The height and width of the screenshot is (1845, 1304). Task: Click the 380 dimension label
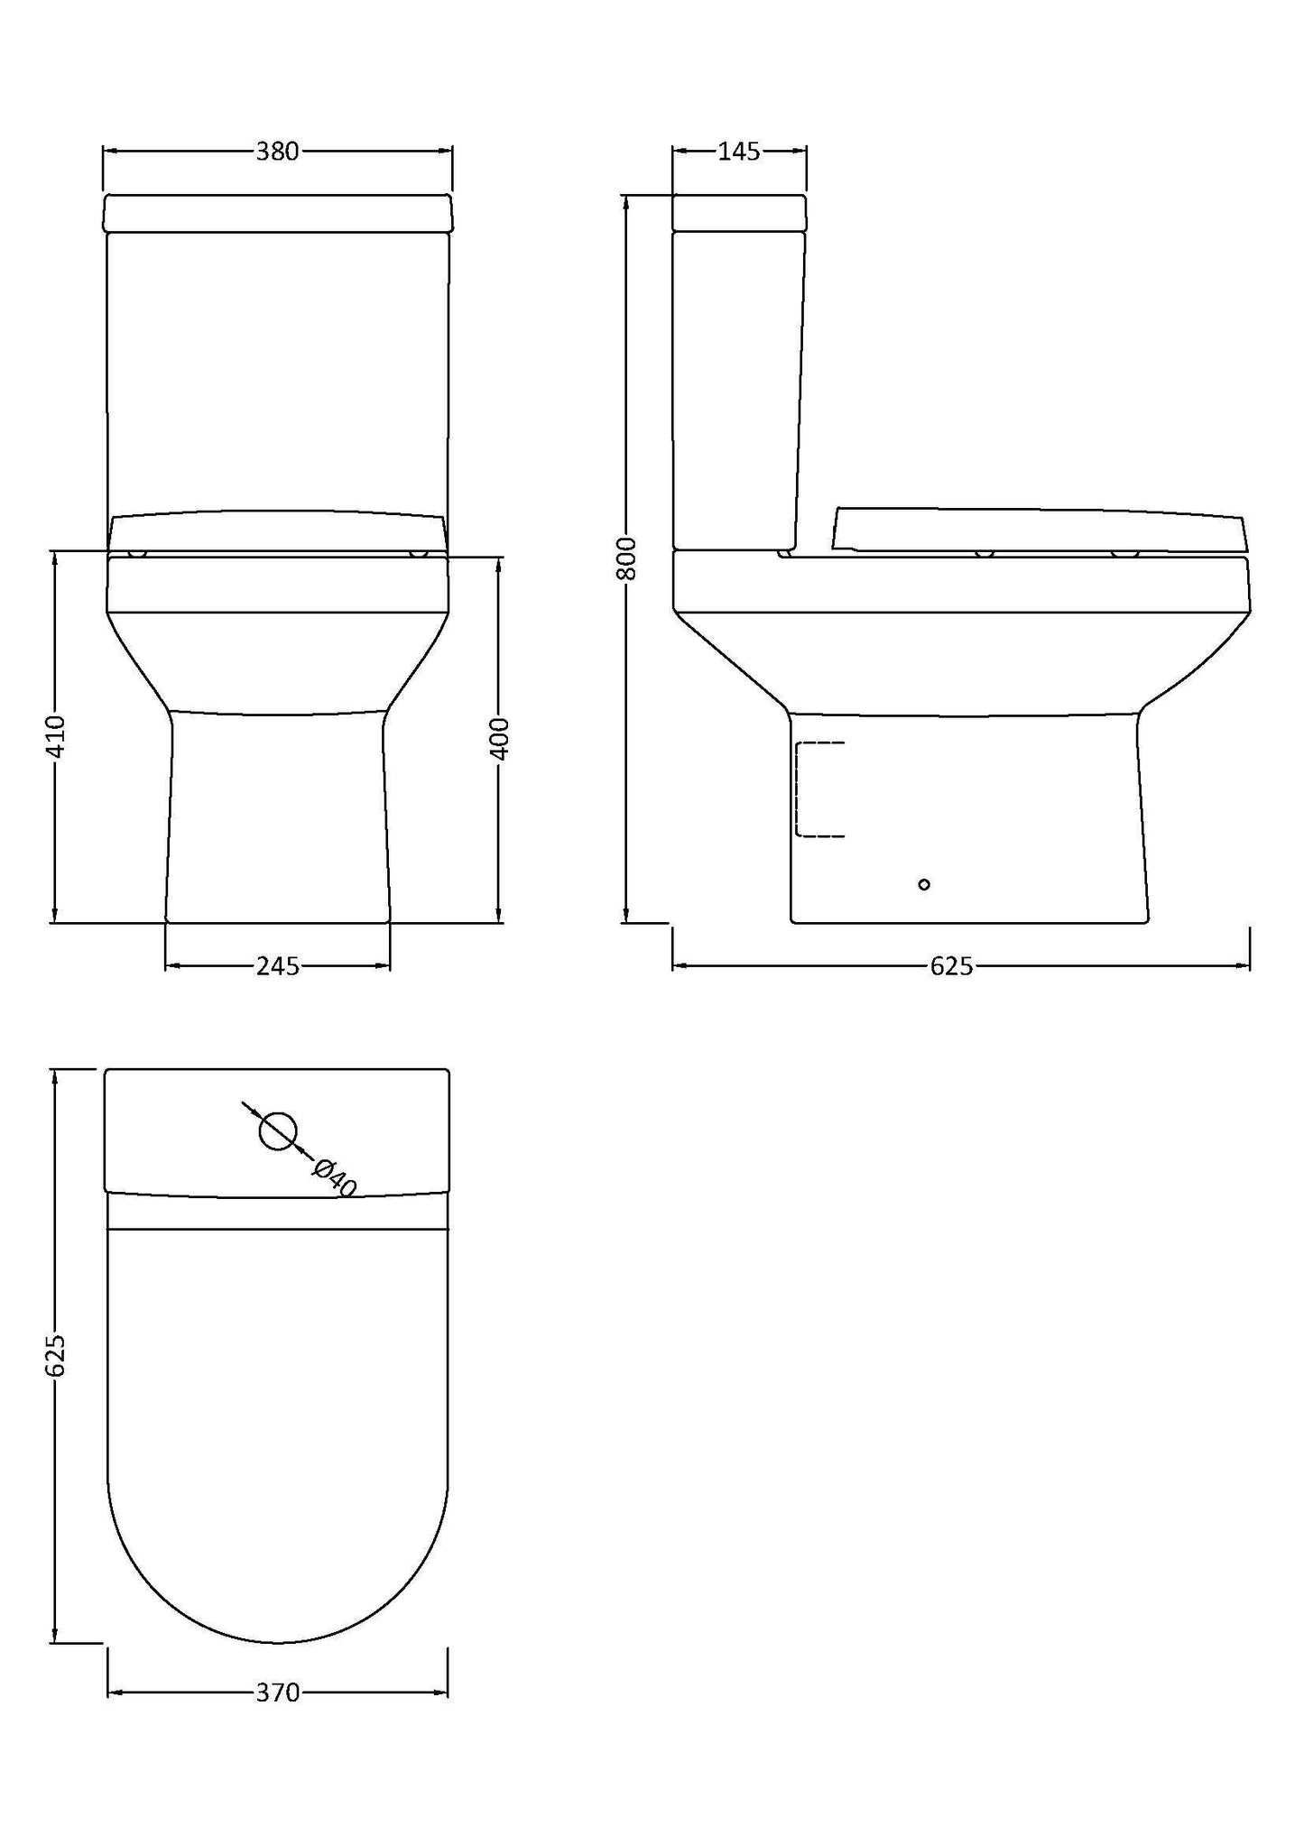(x=277, y=152)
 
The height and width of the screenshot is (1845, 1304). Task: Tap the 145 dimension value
(x=739, y=152)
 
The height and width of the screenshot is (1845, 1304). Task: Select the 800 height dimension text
(x=629, y=558)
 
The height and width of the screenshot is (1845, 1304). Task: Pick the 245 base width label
(x=277, y=966)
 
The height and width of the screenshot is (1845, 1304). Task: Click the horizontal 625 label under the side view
(x=951, y=966)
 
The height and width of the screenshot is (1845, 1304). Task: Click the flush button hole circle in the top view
(x=278, y=1130)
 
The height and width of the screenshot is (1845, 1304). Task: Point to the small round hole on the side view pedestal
(x=923, y=884)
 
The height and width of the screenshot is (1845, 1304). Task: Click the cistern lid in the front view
(x=277, y=213)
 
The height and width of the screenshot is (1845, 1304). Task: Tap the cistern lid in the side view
(x=739, y=213)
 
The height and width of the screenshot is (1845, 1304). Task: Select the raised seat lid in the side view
(x=1038, y=530)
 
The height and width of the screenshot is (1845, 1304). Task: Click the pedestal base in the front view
(x=277, y=816)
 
